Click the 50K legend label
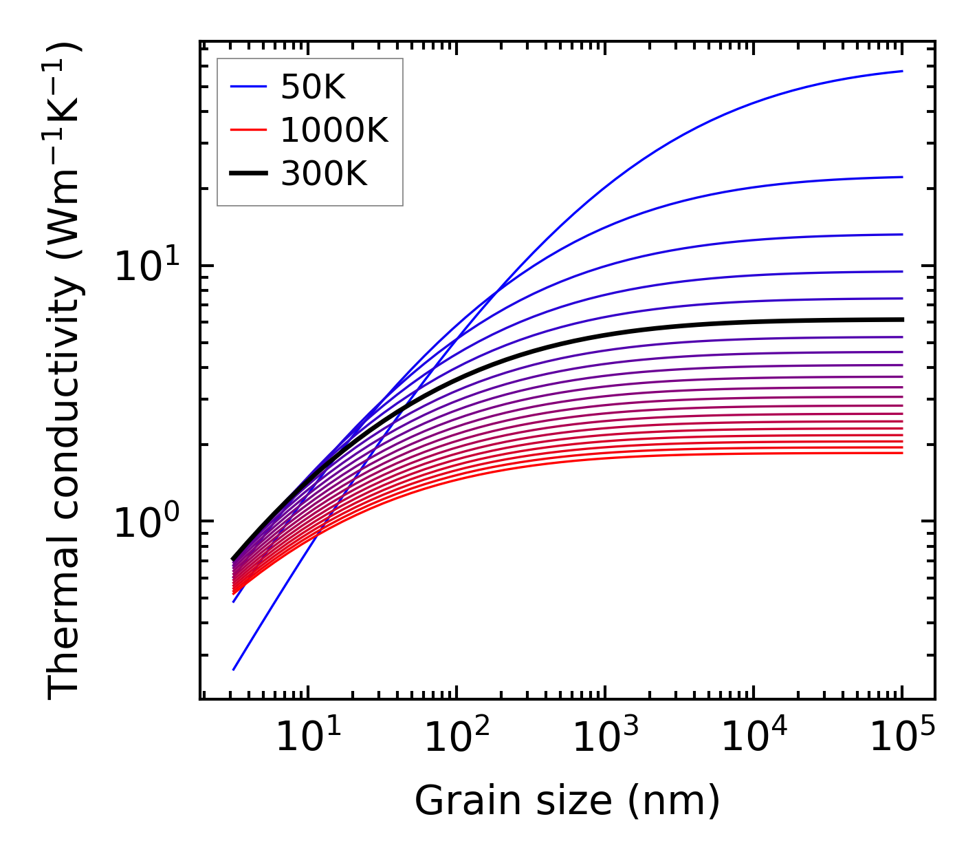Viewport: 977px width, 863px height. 313,87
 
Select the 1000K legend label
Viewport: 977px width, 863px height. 334,130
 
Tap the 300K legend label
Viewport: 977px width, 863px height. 324,174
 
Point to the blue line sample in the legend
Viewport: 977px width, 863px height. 248,87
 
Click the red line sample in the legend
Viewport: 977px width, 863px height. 248,130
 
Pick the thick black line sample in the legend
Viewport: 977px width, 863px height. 248,174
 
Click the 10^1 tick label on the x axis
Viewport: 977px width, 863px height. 307,738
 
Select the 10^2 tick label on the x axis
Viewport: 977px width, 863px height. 457,738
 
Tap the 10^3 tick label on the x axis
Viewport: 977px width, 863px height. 605,738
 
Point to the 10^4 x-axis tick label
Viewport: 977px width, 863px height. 754,738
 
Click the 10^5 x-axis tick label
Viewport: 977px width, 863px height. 902,738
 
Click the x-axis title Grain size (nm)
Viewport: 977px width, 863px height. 567,801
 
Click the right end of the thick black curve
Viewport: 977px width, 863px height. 901,319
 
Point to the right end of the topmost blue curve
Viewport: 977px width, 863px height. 901,71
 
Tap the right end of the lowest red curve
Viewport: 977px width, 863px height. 901,453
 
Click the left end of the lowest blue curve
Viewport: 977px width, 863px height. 234,669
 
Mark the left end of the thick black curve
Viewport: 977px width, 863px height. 234,558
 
